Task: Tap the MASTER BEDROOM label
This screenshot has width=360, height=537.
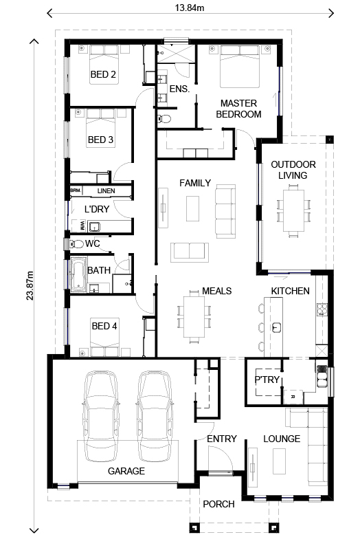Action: [238, 109]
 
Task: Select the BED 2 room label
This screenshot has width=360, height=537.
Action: [102, 74]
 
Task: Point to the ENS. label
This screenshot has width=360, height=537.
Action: [179, 89]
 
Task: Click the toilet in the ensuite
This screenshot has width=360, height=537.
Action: [165, 119]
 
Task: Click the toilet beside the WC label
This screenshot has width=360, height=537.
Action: [77, 244]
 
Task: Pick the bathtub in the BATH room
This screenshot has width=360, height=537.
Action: [76, 275]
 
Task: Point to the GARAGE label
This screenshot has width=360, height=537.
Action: [126, 471]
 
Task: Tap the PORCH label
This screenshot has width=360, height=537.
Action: [218, 504]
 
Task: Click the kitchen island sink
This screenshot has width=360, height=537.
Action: [278, 326]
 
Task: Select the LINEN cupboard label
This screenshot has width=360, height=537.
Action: [106, 190]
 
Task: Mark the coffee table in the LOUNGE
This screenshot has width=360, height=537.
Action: [278, 457]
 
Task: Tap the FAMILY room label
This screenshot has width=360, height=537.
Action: [195, 183]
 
